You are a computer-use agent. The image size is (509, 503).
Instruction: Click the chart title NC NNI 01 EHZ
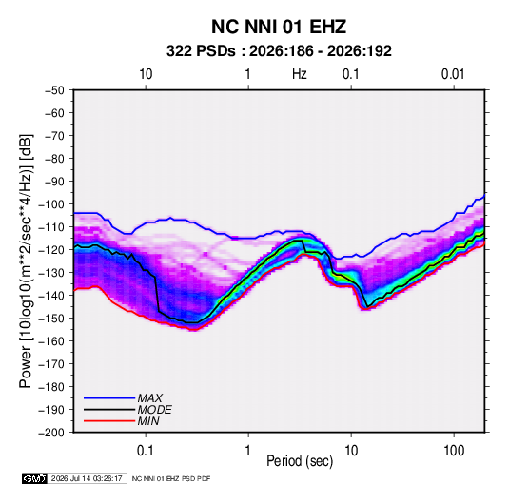pyautogui.click(x=279, y=27)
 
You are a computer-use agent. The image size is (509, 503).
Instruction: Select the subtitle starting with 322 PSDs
pyautogui.click(x=279, y=51)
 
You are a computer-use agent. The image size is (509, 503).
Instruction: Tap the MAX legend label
pyautogui.click(x=149, y=398)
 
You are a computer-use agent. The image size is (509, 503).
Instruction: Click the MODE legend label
pyautogui.click(x=154, y=410)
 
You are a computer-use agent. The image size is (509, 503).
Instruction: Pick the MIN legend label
pyautogui.click(x=148, y=421)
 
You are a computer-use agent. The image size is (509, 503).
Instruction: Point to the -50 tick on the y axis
pyautogui.click(x=54, y=90)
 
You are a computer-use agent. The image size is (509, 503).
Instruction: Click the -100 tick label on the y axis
pyautogui.click(x=52, y=204)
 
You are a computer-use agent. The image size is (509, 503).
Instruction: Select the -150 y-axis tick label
pyautogui.click(x=52, y=319)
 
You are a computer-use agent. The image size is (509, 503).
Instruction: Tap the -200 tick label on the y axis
pyautogui.click(x=52, y=433)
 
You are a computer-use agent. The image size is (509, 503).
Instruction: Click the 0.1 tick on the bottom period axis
pyautogui.click(x=146, y=451)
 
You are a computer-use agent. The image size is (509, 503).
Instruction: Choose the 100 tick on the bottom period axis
pyautogui.click(x=454, y=451)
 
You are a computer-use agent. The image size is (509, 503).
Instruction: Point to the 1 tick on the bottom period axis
pyautogui.click(x=247, y=451)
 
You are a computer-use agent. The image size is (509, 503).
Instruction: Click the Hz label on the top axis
pyautogui.click(x=300, y=74)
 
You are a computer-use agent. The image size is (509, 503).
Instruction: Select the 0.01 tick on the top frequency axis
pyautogui.click(x=453, y=74)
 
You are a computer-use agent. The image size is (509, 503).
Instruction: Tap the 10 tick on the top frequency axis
pyautogui.click(x=146, y=74)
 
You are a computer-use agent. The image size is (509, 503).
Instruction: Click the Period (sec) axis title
pyautogui.click(x=300, y=461)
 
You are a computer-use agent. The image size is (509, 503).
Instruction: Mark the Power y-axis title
pyautogui.click(x=26, y=261)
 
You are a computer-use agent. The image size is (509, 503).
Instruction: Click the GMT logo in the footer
pyautogui.click(x=35, y=478)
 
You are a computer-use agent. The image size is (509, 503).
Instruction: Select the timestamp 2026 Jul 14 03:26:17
pyautogui.click(x=87, y=478)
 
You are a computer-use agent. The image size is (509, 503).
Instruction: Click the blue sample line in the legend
pyautogui.click(x=109, y=398)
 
